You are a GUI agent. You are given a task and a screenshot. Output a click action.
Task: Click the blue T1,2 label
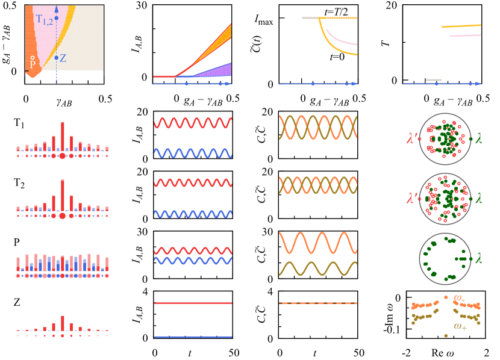(x=45, y=20)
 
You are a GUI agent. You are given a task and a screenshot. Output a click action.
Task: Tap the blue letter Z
(x=63, y=58)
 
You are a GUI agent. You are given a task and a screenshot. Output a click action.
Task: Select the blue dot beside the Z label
(x=56, y=58)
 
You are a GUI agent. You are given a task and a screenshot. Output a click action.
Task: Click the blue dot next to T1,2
(x=56, y=18)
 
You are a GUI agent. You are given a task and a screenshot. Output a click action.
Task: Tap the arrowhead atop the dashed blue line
(x=56, y=9)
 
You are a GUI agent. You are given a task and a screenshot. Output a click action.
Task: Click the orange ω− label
(x=459, y=297)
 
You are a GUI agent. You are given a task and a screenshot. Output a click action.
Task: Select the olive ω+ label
(x=461, y=326)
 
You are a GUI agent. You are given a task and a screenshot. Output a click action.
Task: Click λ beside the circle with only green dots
(x=479, y=258)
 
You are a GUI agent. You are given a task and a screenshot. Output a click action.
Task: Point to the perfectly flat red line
(x=193, y=303)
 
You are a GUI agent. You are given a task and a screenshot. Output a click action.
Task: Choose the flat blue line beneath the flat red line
(x=193, y=337)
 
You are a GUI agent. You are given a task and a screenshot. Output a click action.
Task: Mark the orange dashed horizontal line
(x=318, y=303)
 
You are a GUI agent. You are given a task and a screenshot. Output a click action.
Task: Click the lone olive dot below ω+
(x=446, y=335)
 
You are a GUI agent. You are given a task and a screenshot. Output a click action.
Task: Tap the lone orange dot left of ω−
(x=446, y=297)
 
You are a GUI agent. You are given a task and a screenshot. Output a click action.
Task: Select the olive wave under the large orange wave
(x=318, y=268)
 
